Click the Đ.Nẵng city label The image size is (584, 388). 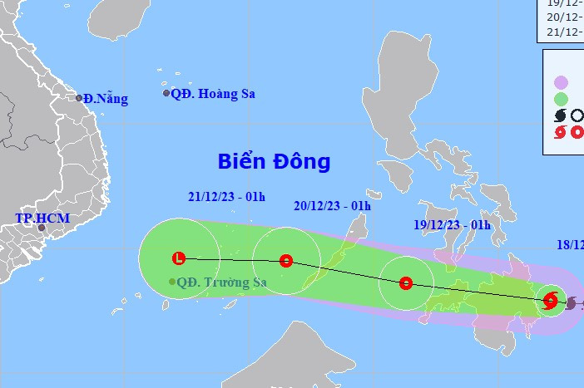106,99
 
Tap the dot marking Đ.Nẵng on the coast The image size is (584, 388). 80,98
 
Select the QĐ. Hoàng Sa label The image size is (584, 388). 213,94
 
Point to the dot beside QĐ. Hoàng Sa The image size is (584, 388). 166,93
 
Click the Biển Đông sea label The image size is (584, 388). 274,161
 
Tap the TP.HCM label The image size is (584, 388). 42,219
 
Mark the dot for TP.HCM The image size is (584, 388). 41,227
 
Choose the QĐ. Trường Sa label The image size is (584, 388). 222,282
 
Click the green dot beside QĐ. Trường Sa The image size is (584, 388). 172,282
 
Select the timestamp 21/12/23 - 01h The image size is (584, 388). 226,197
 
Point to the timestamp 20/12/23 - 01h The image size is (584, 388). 332,206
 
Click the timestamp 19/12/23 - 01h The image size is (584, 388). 452,224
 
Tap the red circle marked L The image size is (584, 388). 178,258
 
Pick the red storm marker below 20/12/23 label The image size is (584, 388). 286,261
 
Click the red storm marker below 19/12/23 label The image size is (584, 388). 405,283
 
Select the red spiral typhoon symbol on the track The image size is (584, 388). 550,301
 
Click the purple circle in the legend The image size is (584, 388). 562,82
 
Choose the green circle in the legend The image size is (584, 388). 562,100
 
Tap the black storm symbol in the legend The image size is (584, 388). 560,117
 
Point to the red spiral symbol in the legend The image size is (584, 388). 560,133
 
